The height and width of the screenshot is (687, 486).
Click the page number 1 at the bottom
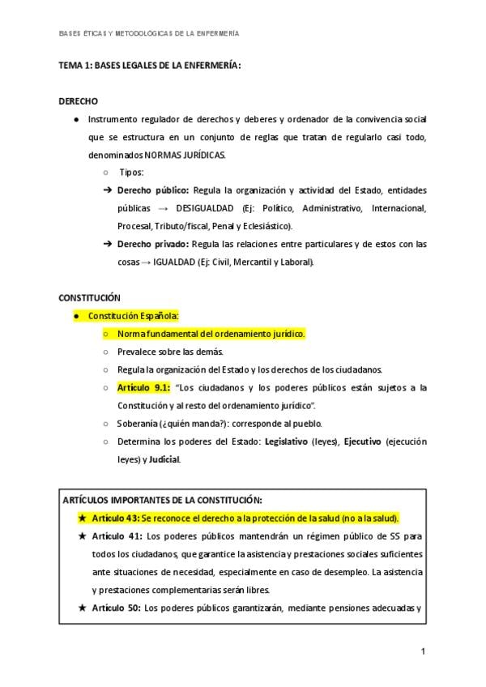coord(423,651)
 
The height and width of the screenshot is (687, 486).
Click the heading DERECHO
coord(79,101)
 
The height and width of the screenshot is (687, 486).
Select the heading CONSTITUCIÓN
coord(90,297)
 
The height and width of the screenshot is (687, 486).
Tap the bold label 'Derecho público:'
coord(153,190)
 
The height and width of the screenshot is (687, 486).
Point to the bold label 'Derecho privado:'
coord(153,244)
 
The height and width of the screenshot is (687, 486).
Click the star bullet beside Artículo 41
coord(82,536)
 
